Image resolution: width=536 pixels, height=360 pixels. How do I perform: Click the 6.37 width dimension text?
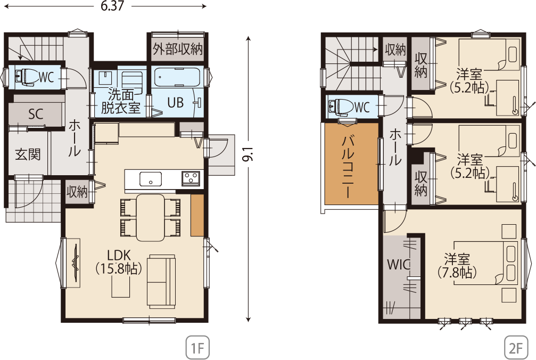tap(112, 6)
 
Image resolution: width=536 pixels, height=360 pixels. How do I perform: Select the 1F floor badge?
tap(197, 348)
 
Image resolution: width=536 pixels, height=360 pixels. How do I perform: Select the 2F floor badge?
tap(516, 348)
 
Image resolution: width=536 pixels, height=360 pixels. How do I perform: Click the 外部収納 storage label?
tap(178, 49)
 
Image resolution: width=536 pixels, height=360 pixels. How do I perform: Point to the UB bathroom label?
tap(175, 103)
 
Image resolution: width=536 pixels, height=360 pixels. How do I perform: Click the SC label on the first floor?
tap(36, 114)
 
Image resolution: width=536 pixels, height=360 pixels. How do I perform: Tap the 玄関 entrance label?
tap(28, 154)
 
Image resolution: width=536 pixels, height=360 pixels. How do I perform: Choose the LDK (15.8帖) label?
tap(119, 263)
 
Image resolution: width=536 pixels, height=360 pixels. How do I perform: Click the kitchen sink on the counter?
tap(151, 179)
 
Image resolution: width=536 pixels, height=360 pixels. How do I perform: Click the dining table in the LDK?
tap(151, 218)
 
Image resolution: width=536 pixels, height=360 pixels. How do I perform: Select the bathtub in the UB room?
tap(177, 78)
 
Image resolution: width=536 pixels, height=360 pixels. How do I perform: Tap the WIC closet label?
tap(399, 264)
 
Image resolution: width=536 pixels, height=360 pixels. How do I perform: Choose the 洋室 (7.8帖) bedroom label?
tap(457, 266)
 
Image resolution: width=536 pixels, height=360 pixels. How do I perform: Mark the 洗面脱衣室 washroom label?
tap(121, 101)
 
